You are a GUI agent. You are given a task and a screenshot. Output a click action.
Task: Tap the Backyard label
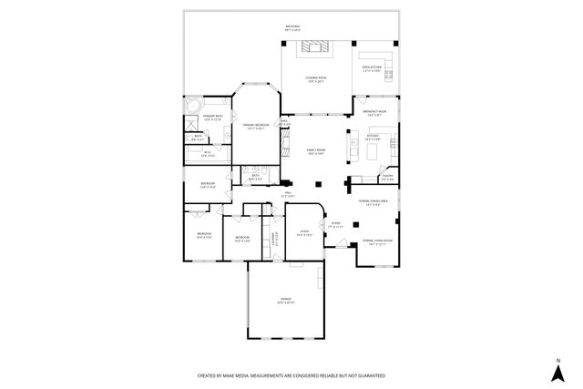click(x=293, y=26)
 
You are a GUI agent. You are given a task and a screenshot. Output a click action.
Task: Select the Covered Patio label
click(x=314, y=79)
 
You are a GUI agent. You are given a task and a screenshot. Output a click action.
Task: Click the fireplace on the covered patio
click(x=319, y=49)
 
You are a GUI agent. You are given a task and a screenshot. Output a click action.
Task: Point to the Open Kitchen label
click(x=372, y=68)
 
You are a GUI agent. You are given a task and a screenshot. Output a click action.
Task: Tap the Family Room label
click(x=314, y=151)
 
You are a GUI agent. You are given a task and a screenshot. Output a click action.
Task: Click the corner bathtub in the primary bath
click(x=193, y=107)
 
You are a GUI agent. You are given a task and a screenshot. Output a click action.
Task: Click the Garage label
click(x=285, y=301)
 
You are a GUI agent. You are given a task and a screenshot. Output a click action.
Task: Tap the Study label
click(x=302, y=234)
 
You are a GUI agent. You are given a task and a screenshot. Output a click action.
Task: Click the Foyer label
click(x=335, y=224)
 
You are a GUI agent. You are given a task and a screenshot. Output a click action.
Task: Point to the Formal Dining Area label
click(x=373, y=201)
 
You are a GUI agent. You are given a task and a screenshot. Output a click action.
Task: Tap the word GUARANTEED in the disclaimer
click(x=366, y=374)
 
